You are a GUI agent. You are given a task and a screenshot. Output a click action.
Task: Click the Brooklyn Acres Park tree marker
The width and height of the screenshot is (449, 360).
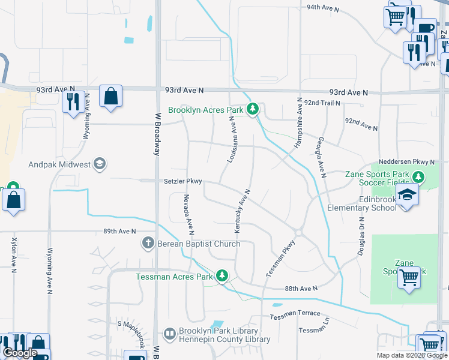[x=254, y=109]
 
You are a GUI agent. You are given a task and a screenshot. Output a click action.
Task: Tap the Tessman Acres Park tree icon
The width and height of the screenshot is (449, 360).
[x=222, y=276]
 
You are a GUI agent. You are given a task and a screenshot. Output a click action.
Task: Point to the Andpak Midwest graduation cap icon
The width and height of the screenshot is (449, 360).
[x=100, y=164]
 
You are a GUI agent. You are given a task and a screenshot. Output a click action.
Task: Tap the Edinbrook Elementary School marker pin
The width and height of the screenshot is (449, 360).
[x=408, y=196]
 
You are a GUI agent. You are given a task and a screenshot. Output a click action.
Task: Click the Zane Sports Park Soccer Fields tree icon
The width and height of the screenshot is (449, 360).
[x=419, y=177]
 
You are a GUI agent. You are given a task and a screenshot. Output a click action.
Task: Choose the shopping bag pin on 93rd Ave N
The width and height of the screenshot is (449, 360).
[x=110, y=97]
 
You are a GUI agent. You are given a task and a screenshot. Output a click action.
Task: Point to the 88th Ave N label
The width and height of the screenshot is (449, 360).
[x=301, y=289]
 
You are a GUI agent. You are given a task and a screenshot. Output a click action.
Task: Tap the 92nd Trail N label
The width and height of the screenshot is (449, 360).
[x=322, y=103]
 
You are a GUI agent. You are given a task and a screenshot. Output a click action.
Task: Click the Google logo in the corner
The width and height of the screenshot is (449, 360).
[x=19, y=353]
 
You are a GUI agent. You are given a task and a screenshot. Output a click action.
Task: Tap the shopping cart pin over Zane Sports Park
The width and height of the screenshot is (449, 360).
[x=409, y=278]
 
